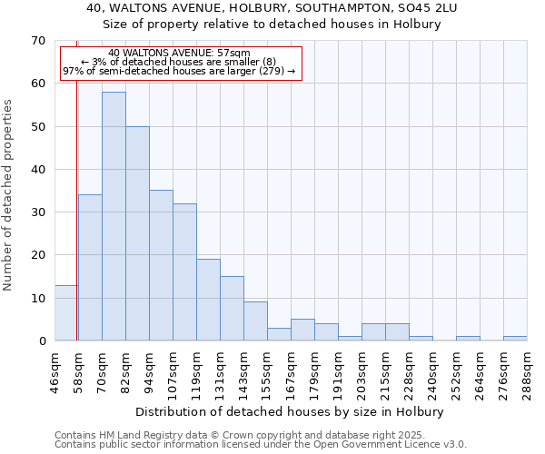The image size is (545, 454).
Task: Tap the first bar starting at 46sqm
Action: (65, 313)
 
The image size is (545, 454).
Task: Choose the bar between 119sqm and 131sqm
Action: (208, 300)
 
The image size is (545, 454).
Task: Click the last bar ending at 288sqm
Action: (515, 339)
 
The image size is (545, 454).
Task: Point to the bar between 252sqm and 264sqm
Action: (468, 339)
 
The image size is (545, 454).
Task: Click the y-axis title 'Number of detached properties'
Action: (8, 194)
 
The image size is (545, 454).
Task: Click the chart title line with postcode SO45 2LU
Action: (272, 8)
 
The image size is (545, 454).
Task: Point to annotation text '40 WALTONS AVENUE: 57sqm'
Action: (179, 54)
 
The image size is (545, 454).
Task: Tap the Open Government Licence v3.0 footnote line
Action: (261, 444)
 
